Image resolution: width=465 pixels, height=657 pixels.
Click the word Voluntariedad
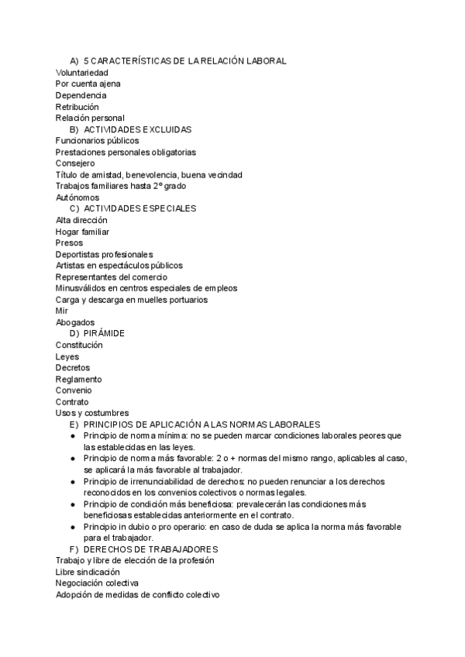click(81, 72)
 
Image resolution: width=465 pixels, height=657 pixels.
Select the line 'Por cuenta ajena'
click(88, 84)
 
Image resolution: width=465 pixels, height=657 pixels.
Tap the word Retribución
click(77, 106)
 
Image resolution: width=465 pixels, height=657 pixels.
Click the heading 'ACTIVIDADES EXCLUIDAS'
click(137, 129)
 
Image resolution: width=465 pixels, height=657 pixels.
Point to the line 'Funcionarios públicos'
click(97, 141)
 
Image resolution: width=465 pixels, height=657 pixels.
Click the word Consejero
click(75, 163)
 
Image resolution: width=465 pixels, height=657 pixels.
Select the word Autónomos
click(77, 198)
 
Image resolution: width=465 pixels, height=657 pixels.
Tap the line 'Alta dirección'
click(81, 220)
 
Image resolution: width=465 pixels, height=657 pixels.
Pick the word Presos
click(69, 243)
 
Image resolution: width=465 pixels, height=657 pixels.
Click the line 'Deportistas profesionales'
click(104, 254)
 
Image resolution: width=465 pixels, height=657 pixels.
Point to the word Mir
click(62, 311)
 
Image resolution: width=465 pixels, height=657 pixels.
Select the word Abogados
click(75, 322)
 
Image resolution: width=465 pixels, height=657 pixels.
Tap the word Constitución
click(79, 345)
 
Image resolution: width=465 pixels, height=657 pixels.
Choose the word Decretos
click(73, 367)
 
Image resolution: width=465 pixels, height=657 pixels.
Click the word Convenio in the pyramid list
click(73, 390)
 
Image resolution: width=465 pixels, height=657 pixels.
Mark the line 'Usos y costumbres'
click(91, 413)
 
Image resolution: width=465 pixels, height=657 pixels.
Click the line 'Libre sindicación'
click(88, 571)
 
